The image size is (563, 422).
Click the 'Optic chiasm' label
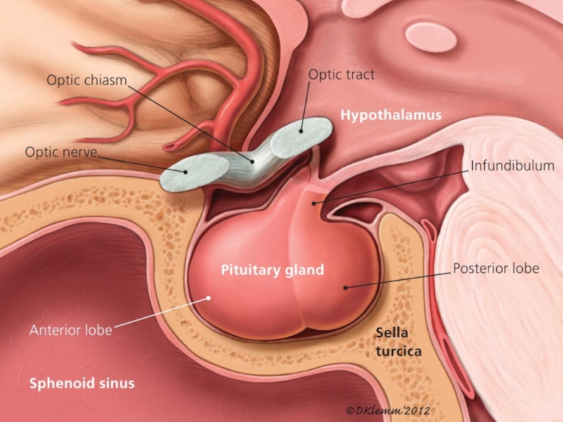coord(87,79)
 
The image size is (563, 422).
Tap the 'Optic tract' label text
coord(341,74)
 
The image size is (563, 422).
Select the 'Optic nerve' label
coord(61,151)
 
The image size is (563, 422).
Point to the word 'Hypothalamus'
coord(391,114)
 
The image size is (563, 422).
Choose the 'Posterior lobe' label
coord(495,269)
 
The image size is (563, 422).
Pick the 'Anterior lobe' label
coord(70,330)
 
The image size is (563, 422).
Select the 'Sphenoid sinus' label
coord(82,383)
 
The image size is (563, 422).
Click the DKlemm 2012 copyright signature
coord(388,409)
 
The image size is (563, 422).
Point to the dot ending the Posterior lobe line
coord(344,286)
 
